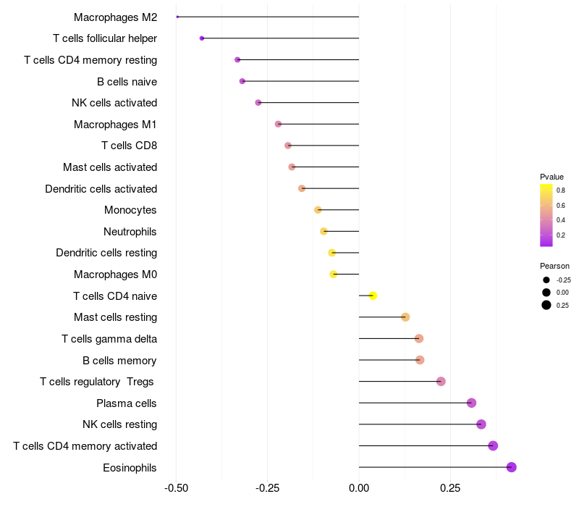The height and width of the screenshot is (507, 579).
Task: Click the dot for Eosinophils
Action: click(511, 467)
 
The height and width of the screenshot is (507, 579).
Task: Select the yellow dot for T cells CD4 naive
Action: click(373, 296)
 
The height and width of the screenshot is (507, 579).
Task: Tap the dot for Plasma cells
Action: click(471, 403)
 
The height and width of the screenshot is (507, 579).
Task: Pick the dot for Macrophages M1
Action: click(278, 124)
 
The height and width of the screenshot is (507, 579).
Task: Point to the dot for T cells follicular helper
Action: click(202, 38)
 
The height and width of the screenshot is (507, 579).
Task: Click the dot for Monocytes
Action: click(318, 210)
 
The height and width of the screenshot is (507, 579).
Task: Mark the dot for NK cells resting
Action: click(481, 424)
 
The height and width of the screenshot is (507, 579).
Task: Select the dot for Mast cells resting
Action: click(405, 317)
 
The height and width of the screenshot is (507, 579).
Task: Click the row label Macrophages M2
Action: click(115, 17)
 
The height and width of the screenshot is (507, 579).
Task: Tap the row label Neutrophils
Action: click(130, 232)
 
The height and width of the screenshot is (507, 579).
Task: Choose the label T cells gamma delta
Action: click(109, 339)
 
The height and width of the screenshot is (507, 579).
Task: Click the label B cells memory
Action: click(119, 360)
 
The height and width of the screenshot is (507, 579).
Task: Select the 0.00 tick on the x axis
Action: click(359, 488)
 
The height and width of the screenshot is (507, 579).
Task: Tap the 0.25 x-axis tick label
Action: click(450, 488)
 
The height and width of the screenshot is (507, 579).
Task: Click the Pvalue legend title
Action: click(551, 177)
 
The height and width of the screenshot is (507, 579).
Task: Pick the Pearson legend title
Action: click(554, 266)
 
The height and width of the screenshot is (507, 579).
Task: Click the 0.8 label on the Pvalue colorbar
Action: click(561, 190)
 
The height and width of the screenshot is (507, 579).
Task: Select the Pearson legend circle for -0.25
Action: click(546, 280)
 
